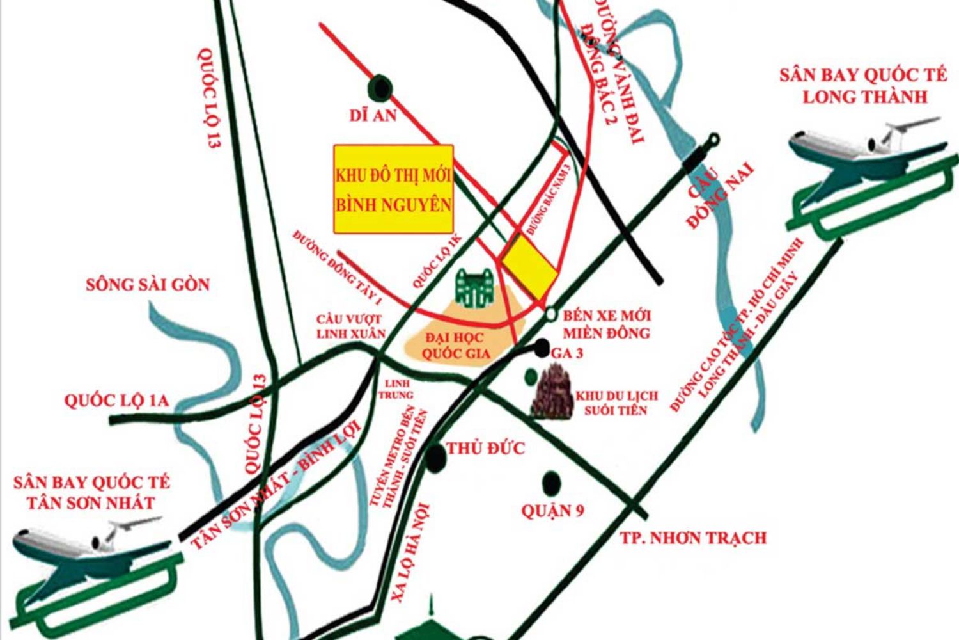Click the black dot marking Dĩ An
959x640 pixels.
pyautogui.click(x=380, y=86)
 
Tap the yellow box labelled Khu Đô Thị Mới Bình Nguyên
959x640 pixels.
pyautogui.click(x=393, y=189)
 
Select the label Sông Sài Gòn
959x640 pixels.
pyautogui.click(x=148, y=284)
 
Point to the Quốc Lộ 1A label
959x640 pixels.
pyautogui.click(x=116, y=401)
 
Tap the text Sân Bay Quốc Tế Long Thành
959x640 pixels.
pyautogui.click(x=862, y=86)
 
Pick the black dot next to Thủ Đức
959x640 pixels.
pyautogui.click(x=435, y=456)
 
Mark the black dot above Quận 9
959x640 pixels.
pyautogui.click(x=550, y=481)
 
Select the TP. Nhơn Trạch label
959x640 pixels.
pyautogui.click(x=693, y=538)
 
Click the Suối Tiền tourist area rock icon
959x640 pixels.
pyautogui.click(x=552, y=392)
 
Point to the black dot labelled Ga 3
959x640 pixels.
pyautogui.click(x=542, y=349)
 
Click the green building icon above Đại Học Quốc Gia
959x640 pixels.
pyautogui.click(x=474, y=289)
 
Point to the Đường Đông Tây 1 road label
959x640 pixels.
pyautogui.click(x=338, y=268)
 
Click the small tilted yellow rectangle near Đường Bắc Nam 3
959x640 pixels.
pyautogui.click(x=529, y=265)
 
